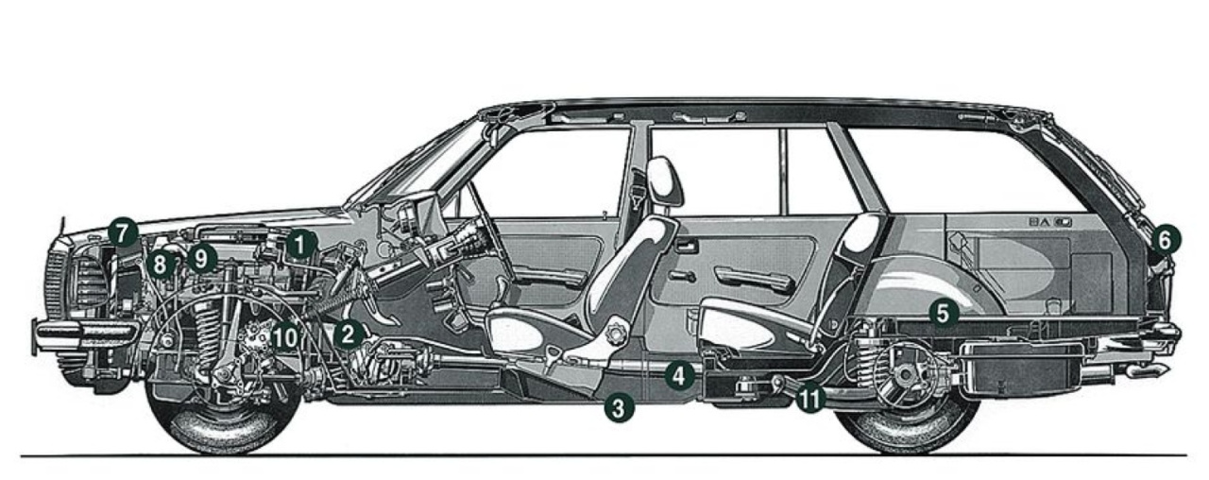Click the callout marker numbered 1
tap(301, 244)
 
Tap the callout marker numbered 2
tap(349, 333)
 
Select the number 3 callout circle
tap(619, 407)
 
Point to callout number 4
tap(676, 374)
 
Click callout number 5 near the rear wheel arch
tap(942, 311)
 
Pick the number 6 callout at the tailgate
tap(1164, 240)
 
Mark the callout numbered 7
tap(122, 231)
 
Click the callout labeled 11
tap(809, 398)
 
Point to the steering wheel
tap(481, 236)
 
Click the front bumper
tap(80, 332)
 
